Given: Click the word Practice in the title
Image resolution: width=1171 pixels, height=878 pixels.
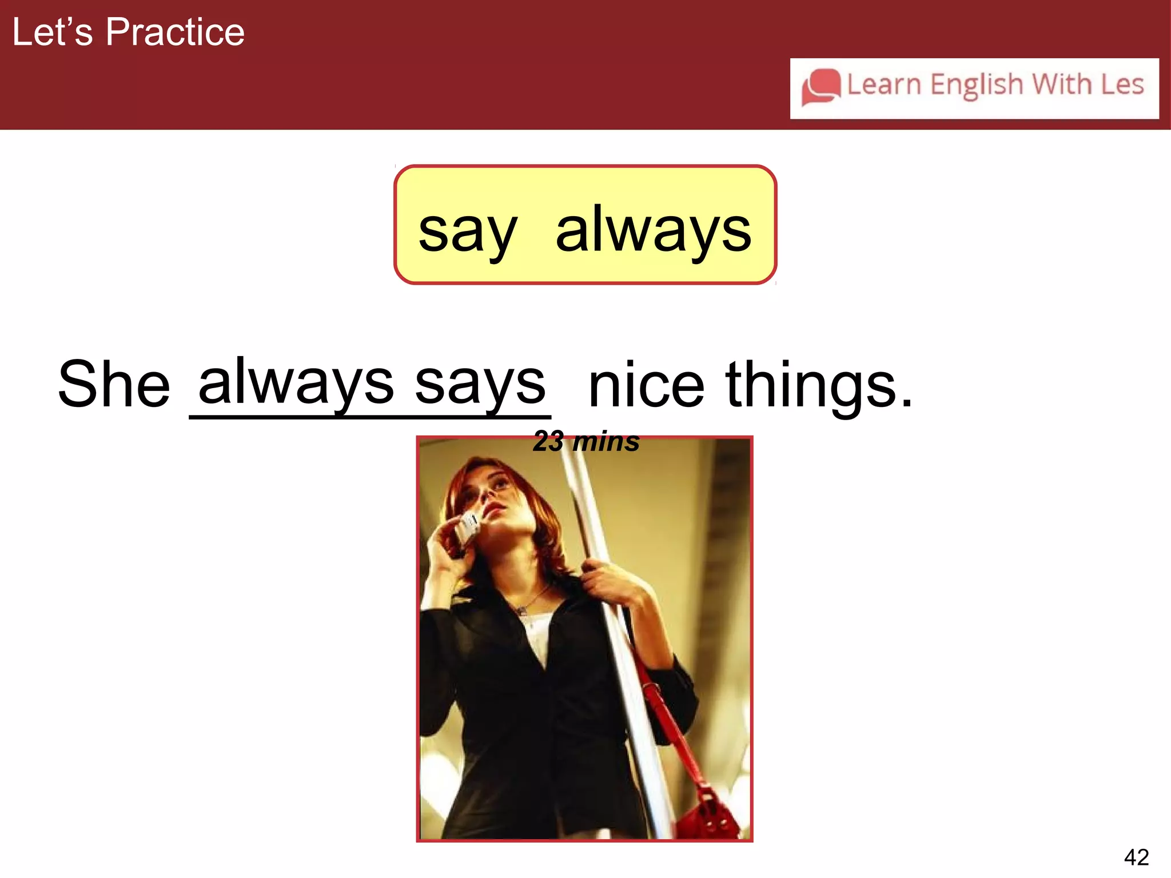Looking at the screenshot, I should click(175, 32).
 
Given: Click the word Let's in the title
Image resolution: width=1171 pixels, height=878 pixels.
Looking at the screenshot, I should click(52, 32).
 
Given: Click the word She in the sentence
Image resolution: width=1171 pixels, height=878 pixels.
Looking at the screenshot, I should click(114, 384).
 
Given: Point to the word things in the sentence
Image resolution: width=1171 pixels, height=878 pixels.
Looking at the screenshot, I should click(819, 386).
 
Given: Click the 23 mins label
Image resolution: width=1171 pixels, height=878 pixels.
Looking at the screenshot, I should click(586, 442).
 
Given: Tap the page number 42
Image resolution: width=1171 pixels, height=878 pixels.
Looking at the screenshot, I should click(1136, 857).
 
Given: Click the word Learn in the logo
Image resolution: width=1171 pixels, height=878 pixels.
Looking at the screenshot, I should click(883, 85).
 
